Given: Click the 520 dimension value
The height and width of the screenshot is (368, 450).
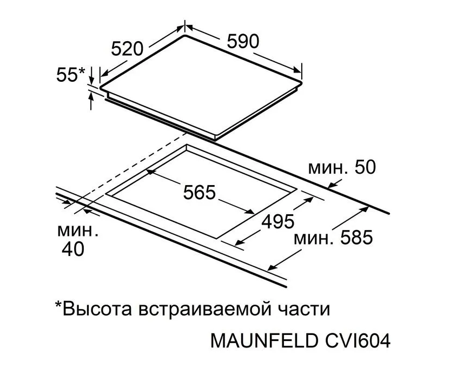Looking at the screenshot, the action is coord(127,49).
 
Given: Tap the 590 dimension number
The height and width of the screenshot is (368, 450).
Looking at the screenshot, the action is coord(243,41).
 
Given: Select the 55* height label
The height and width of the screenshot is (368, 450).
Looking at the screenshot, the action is coord(71,75).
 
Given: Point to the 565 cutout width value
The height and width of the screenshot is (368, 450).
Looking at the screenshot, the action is coord(199,192).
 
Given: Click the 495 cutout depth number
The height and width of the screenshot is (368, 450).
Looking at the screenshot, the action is coord(278,221).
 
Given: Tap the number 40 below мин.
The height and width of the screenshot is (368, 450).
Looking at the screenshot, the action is coord(73,248).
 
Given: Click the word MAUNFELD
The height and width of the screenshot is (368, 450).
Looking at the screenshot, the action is coord(264,341).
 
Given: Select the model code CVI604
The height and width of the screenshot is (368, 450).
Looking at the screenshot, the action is coord(358,341).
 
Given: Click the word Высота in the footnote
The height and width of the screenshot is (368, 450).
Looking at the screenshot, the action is coord(97,309).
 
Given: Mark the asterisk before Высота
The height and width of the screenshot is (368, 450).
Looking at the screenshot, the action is coord(58,304).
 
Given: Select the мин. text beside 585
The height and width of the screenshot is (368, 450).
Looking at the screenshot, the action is coord(314,239).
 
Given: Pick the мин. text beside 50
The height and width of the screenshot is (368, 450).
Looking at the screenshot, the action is coord(328,169).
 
